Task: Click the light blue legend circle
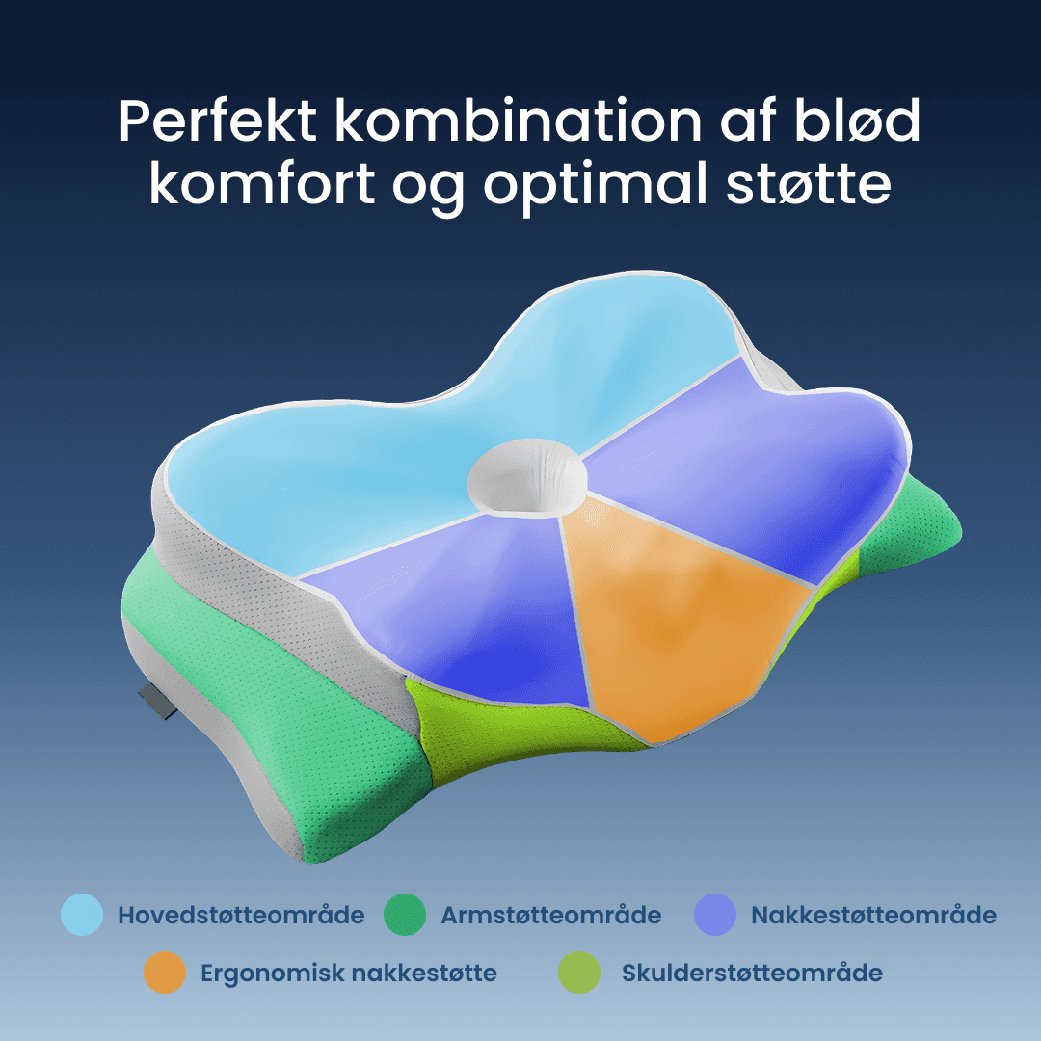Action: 82,915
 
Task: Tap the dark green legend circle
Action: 405,915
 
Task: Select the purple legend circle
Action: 715,915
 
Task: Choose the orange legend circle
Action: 165,973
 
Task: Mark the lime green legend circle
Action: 579,973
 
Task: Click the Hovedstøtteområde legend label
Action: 241,915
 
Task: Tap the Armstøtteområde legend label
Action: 551,915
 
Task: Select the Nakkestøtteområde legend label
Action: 873,915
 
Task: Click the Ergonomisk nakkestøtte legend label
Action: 349,974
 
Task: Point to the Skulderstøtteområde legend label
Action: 752,974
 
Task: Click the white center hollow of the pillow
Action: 525,473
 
